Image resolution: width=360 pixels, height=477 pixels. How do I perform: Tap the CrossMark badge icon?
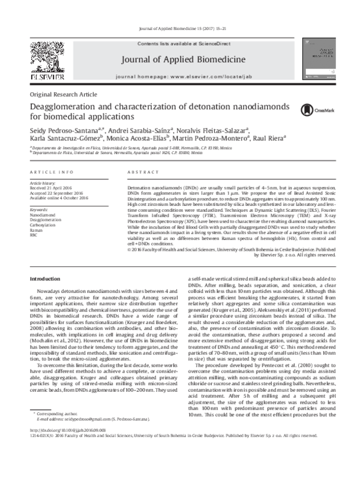(x=312, y=109)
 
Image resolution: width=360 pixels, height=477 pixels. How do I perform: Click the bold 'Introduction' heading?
(x=45, y=280)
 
